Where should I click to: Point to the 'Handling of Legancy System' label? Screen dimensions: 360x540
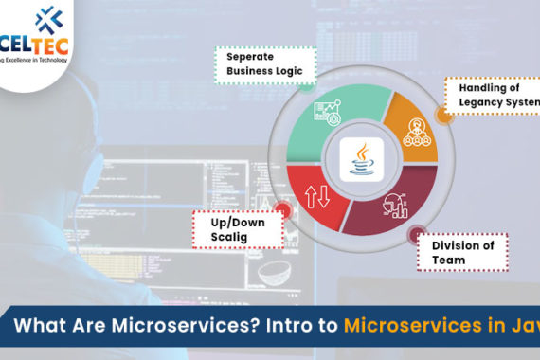[492, 94]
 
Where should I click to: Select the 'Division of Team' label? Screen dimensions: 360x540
[463, 253]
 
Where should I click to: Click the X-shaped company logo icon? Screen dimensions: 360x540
[45, 20]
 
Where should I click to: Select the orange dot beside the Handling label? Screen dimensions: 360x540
[441, 114]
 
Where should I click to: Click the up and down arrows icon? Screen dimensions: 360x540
[317, 197]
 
